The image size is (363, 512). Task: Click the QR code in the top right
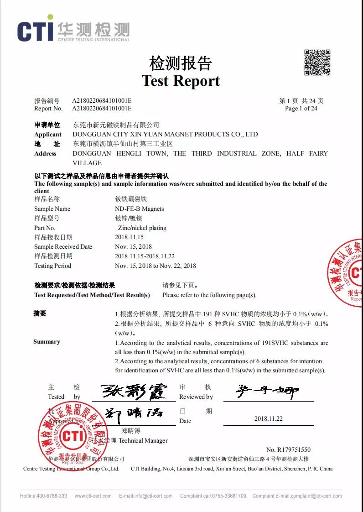tap(317, 62)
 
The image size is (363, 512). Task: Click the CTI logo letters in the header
tap(36, 31)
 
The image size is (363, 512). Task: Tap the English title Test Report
tap(181, 81)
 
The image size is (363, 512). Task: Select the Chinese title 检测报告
tap(181, 63)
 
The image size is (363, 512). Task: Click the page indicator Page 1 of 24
tap(301, 109)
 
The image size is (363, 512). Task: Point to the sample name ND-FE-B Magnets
tap(139, 209)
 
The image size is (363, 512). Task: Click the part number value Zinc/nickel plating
tap(140, 228)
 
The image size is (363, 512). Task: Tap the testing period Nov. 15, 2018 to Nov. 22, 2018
tap(156, 266)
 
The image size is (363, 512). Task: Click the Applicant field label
tap(47, 135)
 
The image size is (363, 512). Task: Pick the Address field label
tap(45, 154)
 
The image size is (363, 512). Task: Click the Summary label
tap(47, 342)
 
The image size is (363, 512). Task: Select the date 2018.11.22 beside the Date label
tap(269, 418)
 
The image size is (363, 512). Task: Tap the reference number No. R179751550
tap(288, 449)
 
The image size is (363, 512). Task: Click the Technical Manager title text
tap(143, 441)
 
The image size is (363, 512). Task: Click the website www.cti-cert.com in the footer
tap(93, 496)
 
